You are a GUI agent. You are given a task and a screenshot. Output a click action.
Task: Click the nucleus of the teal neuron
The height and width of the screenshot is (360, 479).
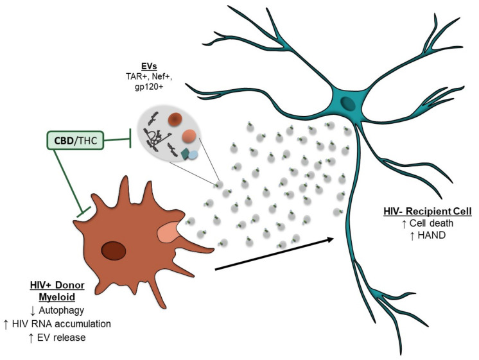[348, 104]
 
